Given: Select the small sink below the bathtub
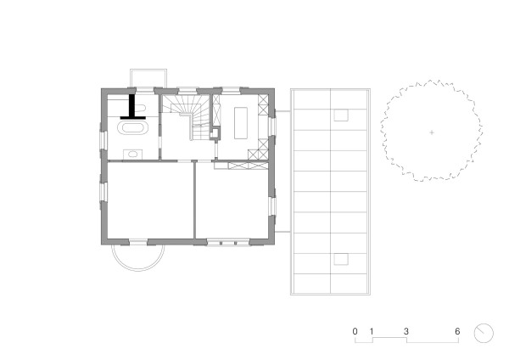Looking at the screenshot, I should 132,153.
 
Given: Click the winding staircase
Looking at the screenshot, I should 186,119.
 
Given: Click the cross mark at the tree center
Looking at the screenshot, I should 431,132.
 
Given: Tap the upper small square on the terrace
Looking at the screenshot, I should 342,115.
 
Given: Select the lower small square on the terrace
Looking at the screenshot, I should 342,259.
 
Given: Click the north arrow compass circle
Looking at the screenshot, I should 484,331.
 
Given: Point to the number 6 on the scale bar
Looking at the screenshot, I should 457,329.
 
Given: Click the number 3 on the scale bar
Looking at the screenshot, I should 406,329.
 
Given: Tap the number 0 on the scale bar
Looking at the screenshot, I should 356,329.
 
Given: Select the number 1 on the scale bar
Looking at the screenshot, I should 372,329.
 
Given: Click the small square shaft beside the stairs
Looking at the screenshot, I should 215,132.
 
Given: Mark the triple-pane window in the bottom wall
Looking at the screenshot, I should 225,242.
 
